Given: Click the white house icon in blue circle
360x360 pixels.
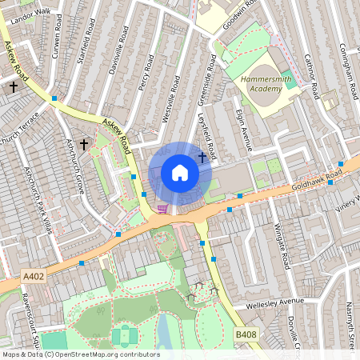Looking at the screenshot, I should (180, 173).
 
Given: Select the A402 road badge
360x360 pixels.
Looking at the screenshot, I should (34, 276).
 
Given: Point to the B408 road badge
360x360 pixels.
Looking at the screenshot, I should (245, 334).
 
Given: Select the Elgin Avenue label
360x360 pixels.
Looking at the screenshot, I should (244, 130).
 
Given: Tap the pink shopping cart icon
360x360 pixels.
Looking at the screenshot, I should (163, 209).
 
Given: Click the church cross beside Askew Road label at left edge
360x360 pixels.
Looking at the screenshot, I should (13, 86).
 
